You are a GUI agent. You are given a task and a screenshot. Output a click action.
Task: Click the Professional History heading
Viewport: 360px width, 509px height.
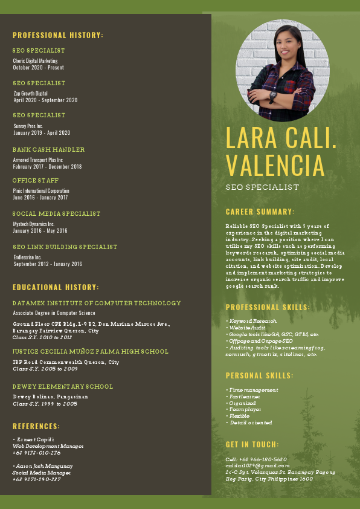[x=58, y=35]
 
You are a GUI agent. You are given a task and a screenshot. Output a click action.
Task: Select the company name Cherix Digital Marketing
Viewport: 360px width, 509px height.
[x=35, y=61]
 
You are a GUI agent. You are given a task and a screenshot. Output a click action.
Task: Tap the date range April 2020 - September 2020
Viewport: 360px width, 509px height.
[x=45, y=100]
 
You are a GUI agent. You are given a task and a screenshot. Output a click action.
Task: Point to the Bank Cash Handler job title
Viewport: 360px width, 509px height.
[x=48, y=149]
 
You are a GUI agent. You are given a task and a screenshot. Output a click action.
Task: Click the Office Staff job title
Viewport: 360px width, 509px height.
[x=36, y=181]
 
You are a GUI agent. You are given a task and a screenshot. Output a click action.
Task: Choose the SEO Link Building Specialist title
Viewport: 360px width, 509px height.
[x=65, y=247]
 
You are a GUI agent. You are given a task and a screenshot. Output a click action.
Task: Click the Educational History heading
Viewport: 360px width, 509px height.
[x=56, y=287]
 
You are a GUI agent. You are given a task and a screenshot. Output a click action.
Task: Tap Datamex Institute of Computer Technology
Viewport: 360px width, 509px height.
[x=97, y=303]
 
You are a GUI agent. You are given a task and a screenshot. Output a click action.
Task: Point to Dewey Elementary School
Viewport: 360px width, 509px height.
[x=63, y=386]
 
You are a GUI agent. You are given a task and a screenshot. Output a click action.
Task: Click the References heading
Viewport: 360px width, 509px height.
[x=36, y=426]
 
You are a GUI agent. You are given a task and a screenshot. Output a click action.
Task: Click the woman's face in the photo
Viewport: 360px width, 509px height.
[x=283, y=42]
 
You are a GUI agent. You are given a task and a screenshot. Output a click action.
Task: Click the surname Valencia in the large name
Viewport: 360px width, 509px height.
[x=275, y=166]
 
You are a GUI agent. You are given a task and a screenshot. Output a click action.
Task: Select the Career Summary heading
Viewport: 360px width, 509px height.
[x=260, y=212]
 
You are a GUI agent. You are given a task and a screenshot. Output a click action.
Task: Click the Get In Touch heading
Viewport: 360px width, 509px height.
[x=252, y=444]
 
